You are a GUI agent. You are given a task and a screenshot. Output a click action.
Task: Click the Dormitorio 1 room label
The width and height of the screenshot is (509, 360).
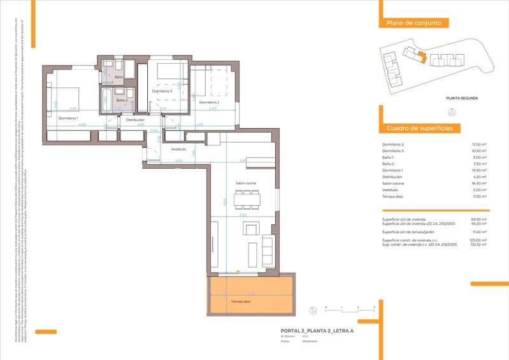68,119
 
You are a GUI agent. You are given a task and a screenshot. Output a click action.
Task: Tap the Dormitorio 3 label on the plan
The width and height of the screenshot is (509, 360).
162,91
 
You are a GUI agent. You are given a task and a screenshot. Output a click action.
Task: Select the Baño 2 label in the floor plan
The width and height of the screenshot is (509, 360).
122,100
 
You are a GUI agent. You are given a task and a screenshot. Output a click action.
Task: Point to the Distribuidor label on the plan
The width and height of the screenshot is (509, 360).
135,120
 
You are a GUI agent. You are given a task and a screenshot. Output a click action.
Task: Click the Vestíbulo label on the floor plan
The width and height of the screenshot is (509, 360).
178,149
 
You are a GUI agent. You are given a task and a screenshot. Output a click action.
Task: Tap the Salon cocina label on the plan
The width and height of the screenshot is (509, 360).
246,183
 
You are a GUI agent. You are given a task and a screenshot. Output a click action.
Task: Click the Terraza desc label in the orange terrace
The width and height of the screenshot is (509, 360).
241,301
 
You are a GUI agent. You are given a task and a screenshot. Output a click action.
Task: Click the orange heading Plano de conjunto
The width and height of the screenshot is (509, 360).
413,24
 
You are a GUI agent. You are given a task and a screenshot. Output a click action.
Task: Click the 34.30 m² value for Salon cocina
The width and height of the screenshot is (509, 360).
478,184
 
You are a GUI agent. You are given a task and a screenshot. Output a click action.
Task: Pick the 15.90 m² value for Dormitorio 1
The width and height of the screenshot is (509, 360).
478,170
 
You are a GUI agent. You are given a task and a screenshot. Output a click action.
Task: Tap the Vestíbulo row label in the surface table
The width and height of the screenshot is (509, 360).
390,190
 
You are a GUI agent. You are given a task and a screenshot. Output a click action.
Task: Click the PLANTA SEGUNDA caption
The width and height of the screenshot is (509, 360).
461,98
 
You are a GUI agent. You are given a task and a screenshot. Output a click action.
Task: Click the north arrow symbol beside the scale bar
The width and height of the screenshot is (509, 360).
313,310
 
